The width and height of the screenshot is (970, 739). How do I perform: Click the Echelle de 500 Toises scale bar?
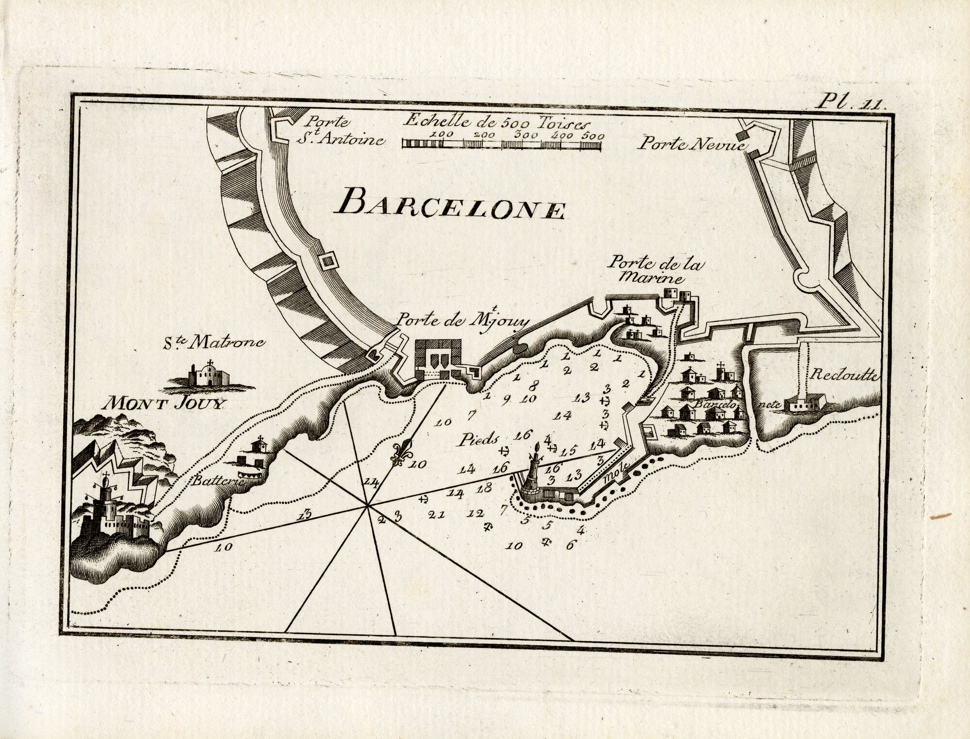click(502, 144)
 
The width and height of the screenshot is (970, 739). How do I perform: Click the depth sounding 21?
click(436, 515)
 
